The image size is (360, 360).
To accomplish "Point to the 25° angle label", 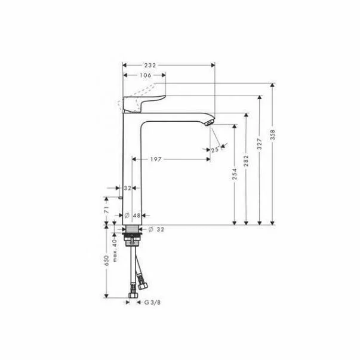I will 215,150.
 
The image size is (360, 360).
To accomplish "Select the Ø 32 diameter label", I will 156,229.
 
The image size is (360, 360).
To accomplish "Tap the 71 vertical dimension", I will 107,210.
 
